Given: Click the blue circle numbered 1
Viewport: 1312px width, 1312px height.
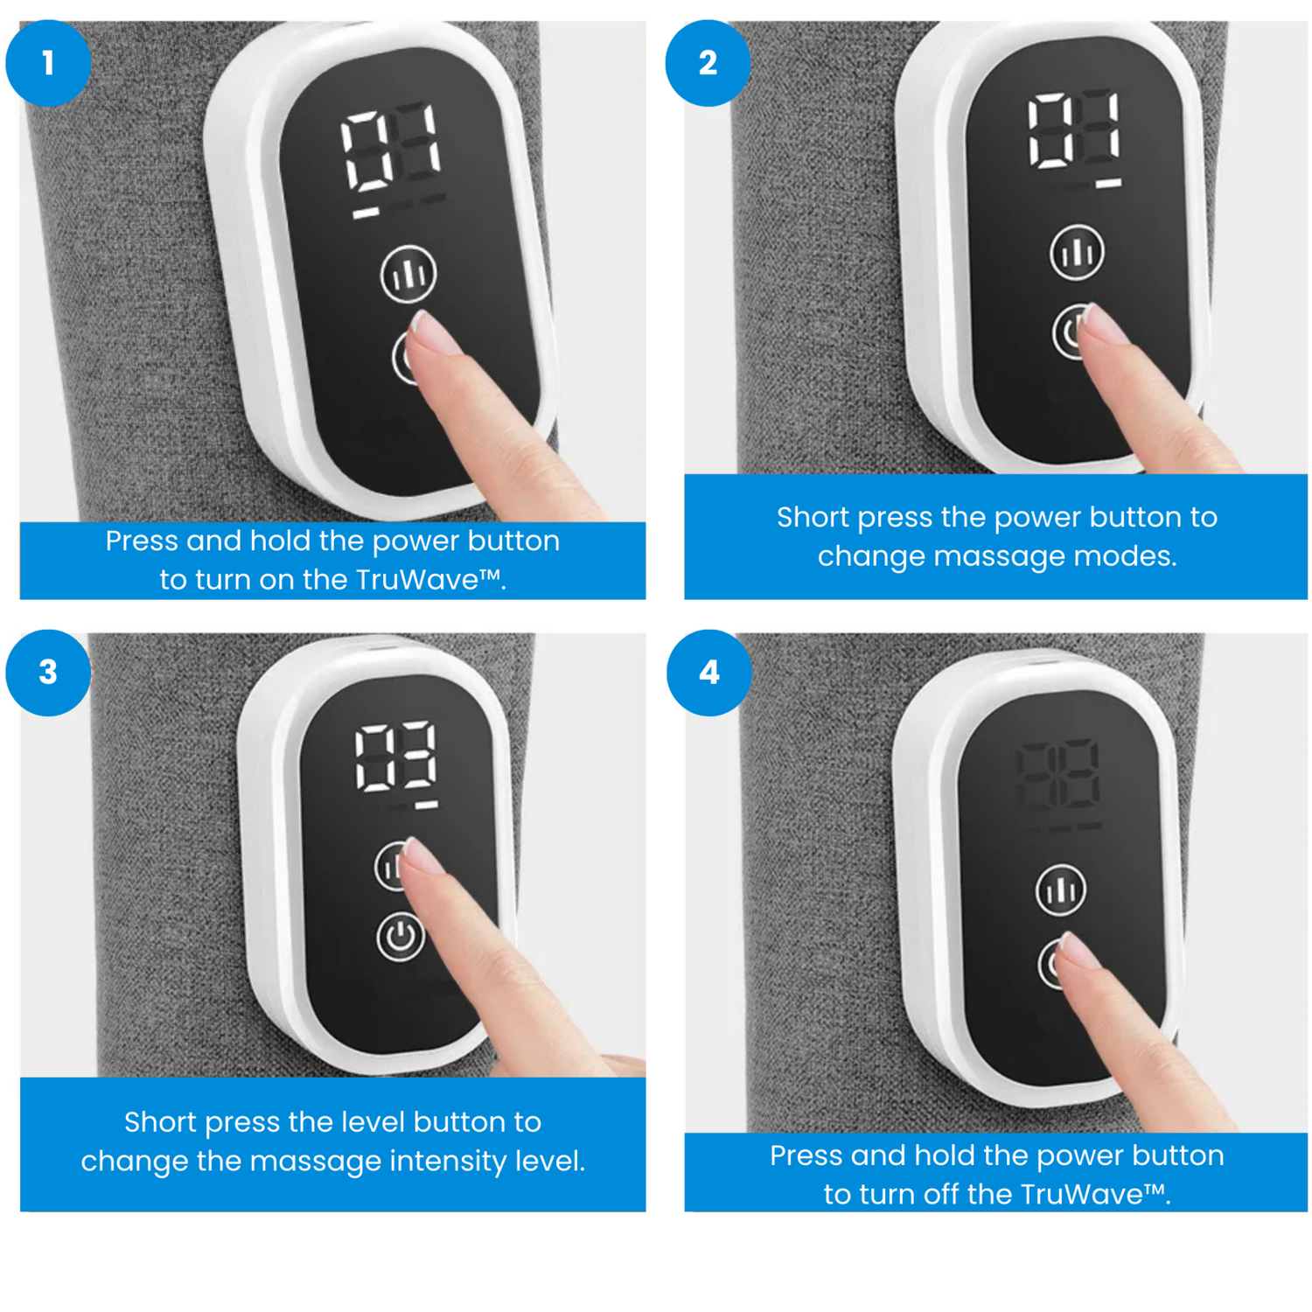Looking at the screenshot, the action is click(x=48, y=63).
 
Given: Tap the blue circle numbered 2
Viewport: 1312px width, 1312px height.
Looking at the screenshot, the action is click(x=708, y=63).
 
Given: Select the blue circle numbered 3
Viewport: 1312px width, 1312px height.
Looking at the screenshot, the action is click(x=48, y=673).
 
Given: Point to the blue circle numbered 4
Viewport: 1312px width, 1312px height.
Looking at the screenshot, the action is click(x=709, y=673).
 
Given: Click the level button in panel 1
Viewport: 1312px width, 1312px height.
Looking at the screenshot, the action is click(x=408, y=275).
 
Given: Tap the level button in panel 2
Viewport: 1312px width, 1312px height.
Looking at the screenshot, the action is click(x=1077, y=253).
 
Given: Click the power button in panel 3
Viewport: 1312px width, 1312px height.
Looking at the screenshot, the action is click(x=401, y=936).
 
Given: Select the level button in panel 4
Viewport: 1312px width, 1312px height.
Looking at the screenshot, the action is click(x=1061, y=890).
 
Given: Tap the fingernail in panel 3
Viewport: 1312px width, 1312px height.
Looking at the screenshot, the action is click(x=422, y=855).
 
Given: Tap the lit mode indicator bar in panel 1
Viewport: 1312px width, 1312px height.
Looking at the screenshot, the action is click(x=366, y=213).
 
